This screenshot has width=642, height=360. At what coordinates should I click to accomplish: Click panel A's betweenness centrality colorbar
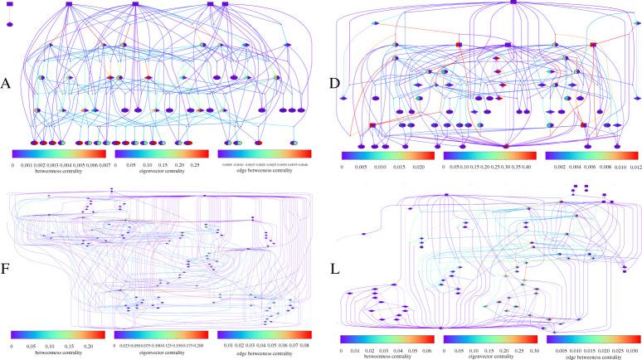click(58, 153)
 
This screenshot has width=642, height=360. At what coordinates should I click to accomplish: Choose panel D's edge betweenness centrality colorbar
click(593, 156)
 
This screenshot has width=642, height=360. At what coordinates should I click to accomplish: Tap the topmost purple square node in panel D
click(491, 2)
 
